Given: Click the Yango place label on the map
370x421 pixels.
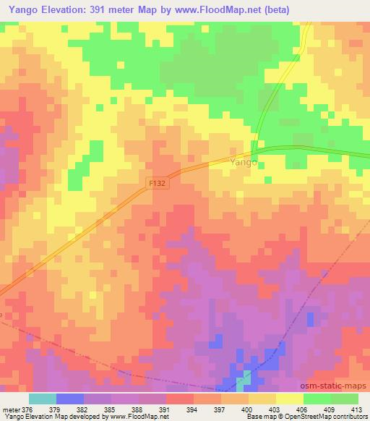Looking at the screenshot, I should click(x=244, y=163).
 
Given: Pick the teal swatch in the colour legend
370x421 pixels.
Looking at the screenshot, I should click(x=43, y=399).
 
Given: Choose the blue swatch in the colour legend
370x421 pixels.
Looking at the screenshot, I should click(x=70, y=399).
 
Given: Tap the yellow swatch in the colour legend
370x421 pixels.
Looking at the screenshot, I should click(x=289, y=399).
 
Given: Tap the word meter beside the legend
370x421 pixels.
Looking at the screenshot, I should click(x=12, y=409).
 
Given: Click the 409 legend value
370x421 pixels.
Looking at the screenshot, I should click(x=330, y=409).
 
